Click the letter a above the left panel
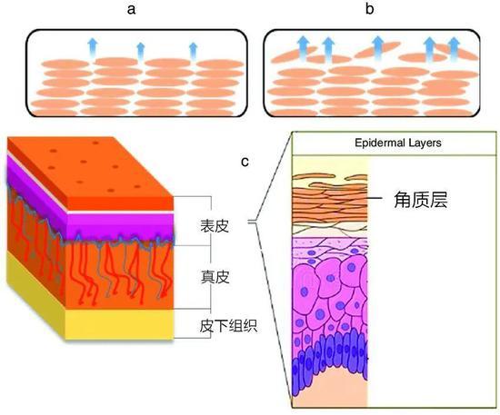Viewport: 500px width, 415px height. click(x=131, y=10)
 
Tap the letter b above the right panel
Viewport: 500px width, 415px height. click(x=369, y=8)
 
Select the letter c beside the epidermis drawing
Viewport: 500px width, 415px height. click(x=245, y=162)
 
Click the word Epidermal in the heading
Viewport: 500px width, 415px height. click(x=377, y=143)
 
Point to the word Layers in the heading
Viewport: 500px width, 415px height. click(x=423, y=143)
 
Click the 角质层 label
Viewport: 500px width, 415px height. click(x=420, y=200)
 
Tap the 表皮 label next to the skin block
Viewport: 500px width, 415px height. click(x=215, y=226)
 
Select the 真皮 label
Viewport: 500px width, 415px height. click(x=215, y=277)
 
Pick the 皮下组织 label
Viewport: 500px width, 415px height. click(x=228, y=325)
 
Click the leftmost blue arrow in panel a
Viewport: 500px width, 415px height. click(x=93, y=48)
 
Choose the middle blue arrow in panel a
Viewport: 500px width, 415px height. click(x=141, y=52)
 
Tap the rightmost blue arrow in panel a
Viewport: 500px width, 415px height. click(x=194, y=51)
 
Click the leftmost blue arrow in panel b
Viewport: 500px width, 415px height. click(x=304, y=48)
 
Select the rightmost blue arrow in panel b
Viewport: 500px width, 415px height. click(x=454, y=48)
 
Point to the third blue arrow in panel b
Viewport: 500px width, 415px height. click(x=378, y=48)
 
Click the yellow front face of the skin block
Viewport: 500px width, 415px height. click(x=120, y=324)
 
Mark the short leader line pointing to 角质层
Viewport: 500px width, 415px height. click(x=375, y=198)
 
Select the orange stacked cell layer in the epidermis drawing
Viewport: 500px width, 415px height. click(x=330, y=203)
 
